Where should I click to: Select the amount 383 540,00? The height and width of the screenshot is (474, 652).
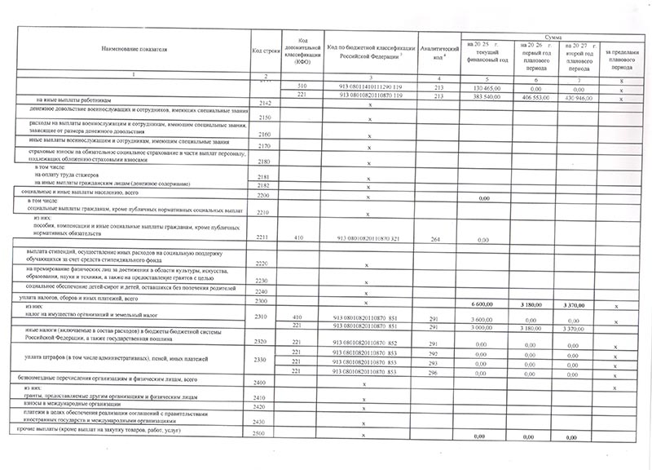pyautogui.click(x=485, y=97)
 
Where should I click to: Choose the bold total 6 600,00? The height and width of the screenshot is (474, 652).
pyautogui.click(x=485, y=303)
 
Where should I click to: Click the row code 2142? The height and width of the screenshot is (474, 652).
pyautogui.click(x=265, y=104)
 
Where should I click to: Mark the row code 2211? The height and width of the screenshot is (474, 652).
pyautogui.click(x=265, y=238)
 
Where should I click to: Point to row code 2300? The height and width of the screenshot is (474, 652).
pyautogui.click(x=265, y=303)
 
